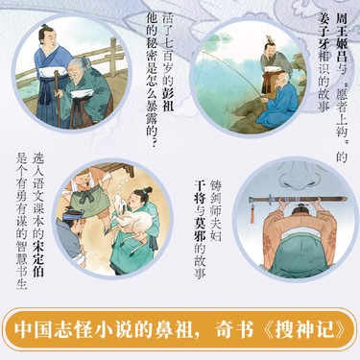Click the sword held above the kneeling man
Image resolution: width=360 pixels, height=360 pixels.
pyautogui.click(x=298, y=200)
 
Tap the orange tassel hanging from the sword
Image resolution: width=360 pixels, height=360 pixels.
pyautogui.click(x=252, y=213)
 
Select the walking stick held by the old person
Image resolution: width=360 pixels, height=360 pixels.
pyautogui.click(x=57, y=99)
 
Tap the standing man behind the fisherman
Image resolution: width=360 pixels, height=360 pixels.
pyautogui.click(x=273, y=65)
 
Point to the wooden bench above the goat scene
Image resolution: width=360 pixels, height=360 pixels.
pyautogui.click(x=114, y=169)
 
